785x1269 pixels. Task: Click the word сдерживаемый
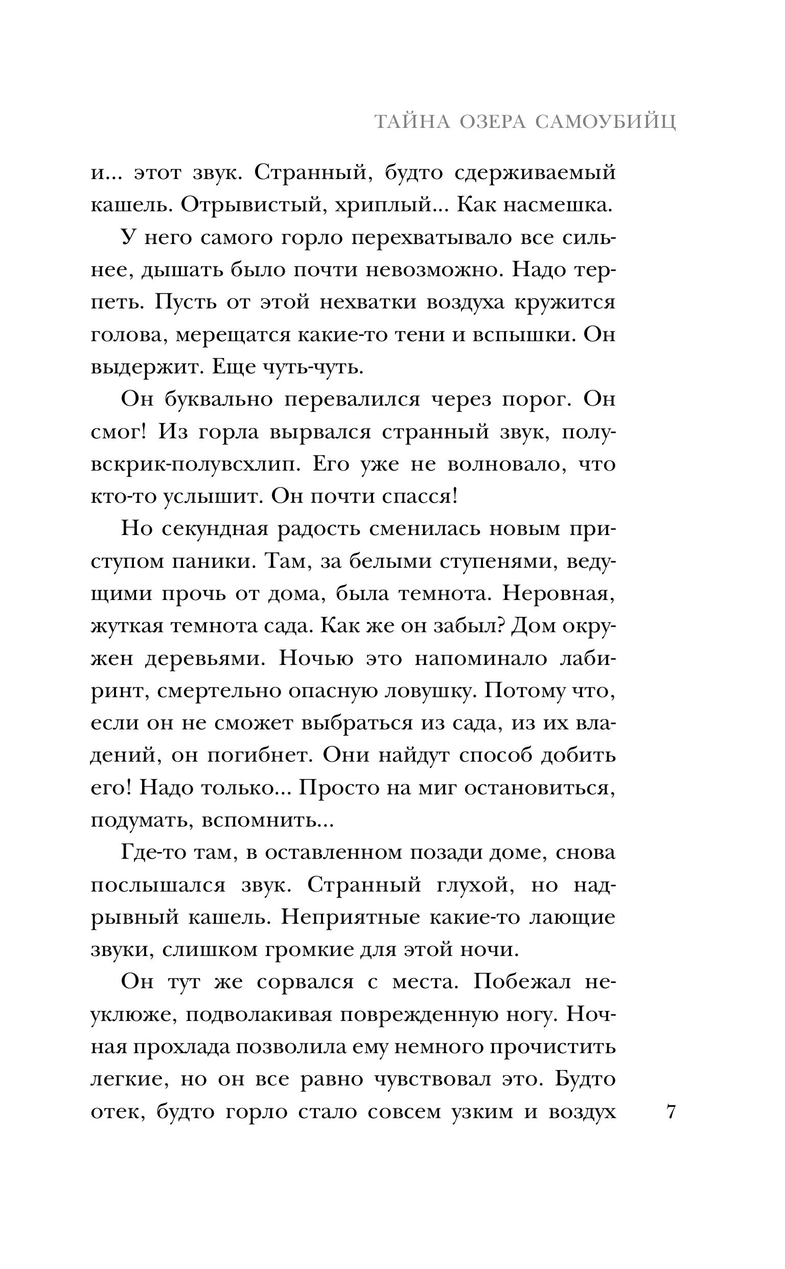point(535,173)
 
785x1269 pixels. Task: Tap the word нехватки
point(368,302)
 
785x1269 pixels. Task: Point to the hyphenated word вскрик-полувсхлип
point(195,464)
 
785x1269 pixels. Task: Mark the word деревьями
point(205,659)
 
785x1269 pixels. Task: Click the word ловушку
point(421,691)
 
